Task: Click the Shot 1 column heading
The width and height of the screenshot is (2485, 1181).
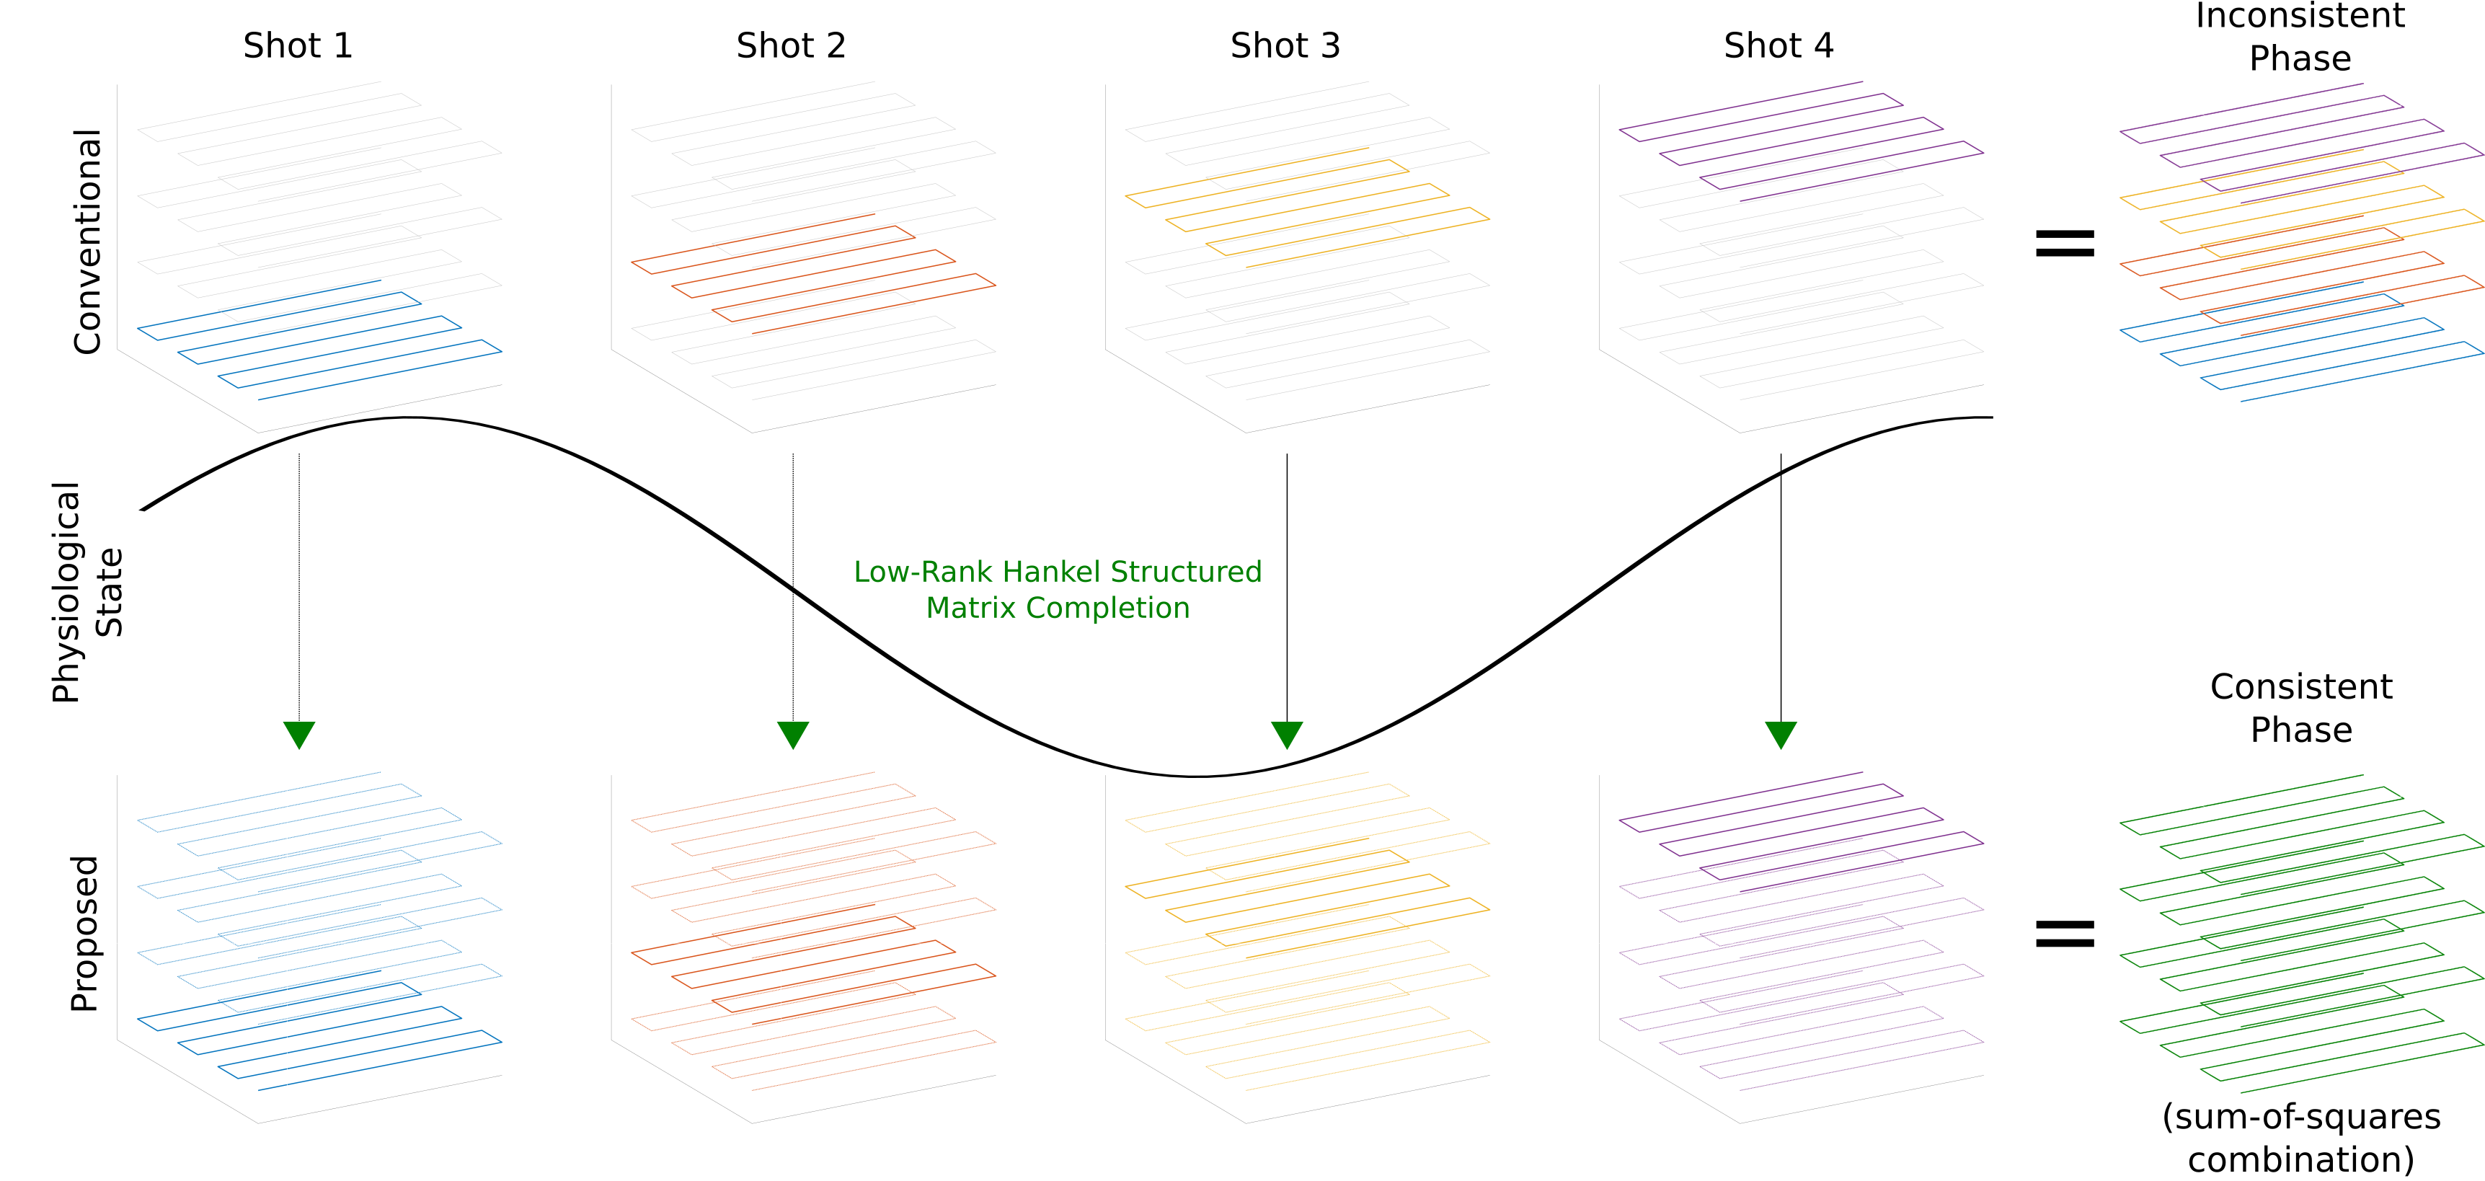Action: pyautogui.click(x=298, y=45)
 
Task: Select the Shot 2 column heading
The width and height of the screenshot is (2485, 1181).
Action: pyautogui.click(x=791, y=45)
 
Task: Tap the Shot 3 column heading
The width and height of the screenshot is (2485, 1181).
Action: pyautogui.click(x=1285, y=45)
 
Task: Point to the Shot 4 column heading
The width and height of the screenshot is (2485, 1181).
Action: pyautogui.click(x=1779, y=45)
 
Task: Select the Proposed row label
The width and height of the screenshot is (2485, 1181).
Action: pyautogui.click(x=85, y=933)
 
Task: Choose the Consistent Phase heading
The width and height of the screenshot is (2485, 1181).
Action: pyautogui.click(x=2300, y=707)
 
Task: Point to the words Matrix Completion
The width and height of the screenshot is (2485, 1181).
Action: pyautogui.click(x=1058, y=608)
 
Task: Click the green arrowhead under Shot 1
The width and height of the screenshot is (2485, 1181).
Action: pyautogui.click(x=299, y=734)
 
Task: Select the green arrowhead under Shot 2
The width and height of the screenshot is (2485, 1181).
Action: pyautogui.click(x=793, y=734)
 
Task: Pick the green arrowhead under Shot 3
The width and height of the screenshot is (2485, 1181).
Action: pyautogui.click(x=1287, y=734)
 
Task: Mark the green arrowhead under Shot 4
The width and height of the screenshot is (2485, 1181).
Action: pyautogui.click(x=1781, y=734)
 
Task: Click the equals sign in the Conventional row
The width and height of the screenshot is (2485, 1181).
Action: pyautogui.click(x=2065, y=242)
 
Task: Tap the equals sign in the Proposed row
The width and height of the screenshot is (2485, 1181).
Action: pyautogui.click(x=2065, y=933)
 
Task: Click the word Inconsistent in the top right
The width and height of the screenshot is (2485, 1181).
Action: pyautogui.click(x=2300, y=17)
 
